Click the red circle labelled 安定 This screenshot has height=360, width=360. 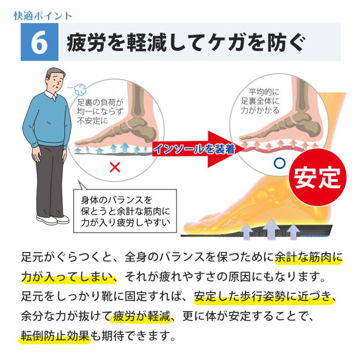[x=317, y=178]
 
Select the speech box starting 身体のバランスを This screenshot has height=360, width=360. [x=125, y=211]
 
